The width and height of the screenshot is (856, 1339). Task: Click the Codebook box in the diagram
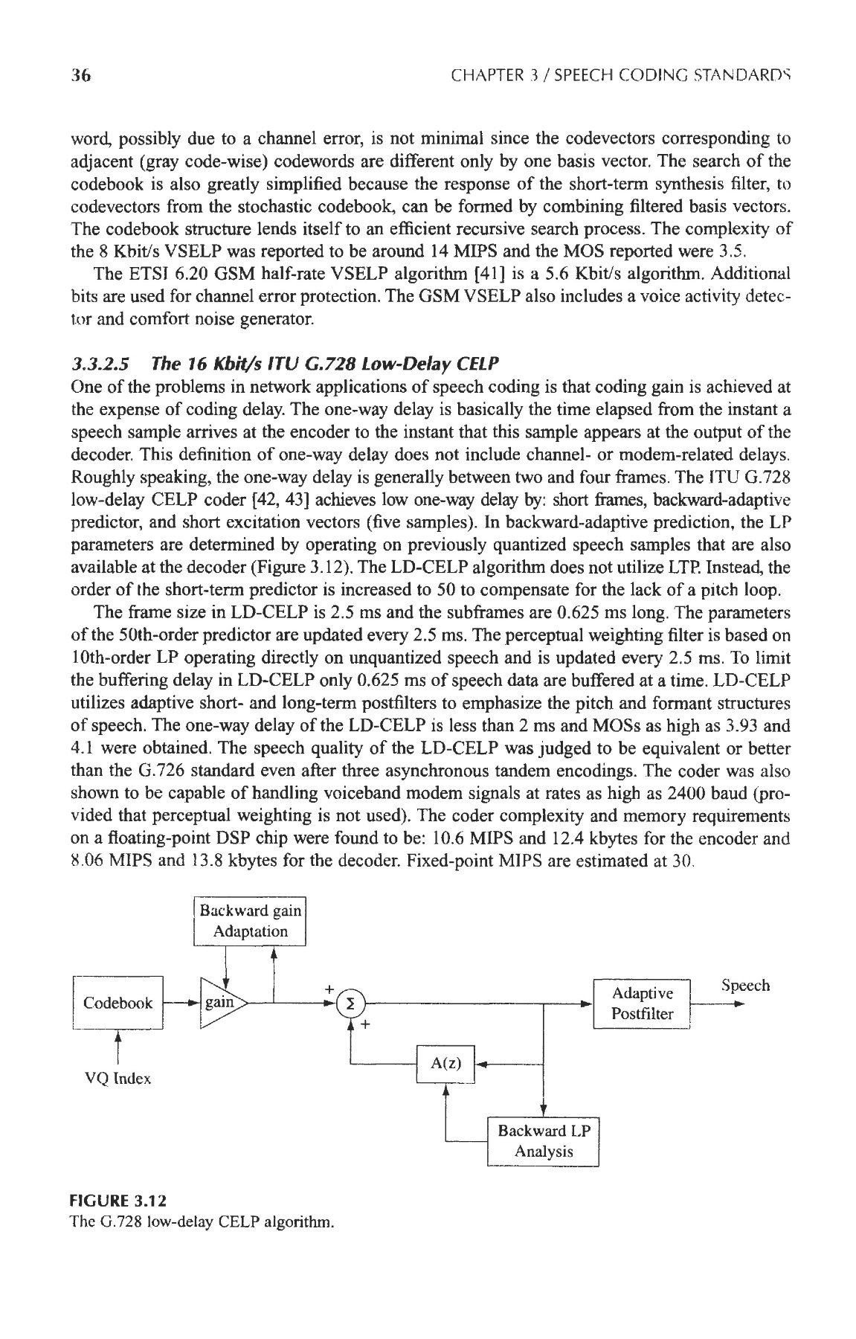[x=118, y=1002]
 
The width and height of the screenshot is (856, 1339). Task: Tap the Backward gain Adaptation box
[x=250, y=921]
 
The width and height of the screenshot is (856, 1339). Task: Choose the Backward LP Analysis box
[x=543, y=1141]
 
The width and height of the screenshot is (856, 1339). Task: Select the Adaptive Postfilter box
[x=641, y=1004]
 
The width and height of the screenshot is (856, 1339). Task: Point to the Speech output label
[x=745, y=986]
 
